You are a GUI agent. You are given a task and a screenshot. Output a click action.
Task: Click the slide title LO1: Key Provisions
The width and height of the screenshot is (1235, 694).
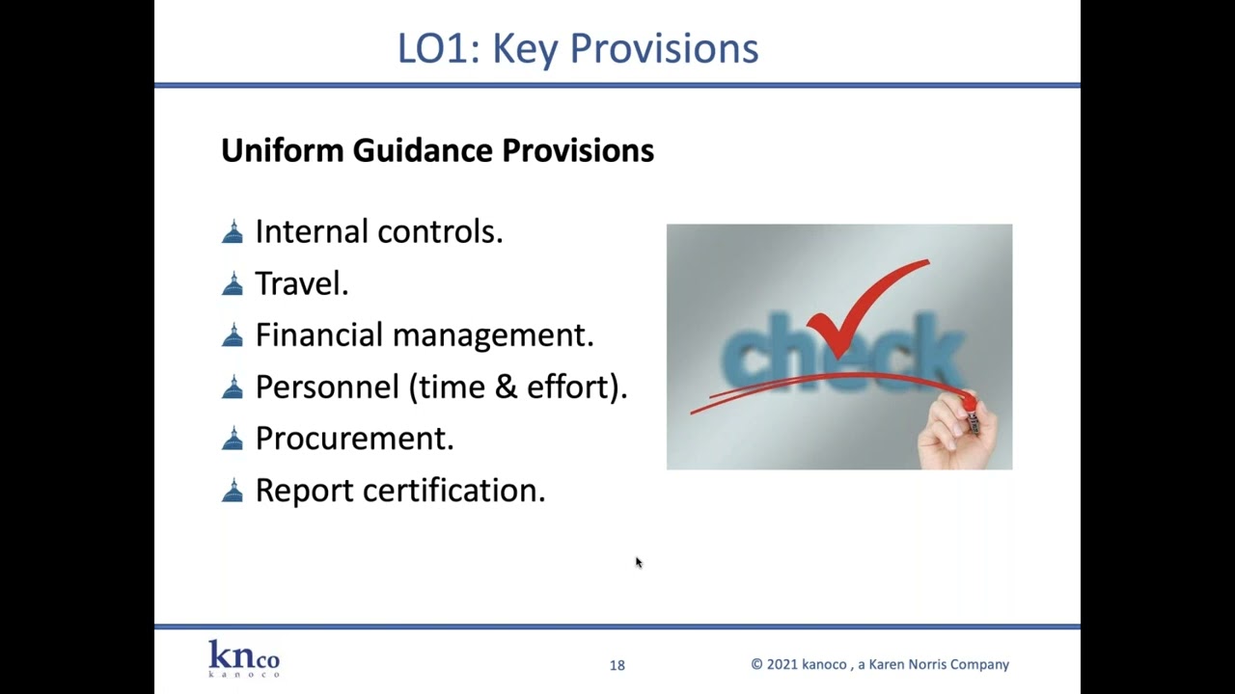(x=578, y=49)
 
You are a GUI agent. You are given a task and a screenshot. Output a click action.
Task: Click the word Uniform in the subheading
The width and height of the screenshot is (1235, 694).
(x=283, y=150)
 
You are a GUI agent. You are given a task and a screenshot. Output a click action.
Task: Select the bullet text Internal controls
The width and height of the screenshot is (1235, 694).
(x=378, y=232)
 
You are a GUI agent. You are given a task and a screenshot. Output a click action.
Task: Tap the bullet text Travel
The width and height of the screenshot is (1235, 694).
(x=301, y=283)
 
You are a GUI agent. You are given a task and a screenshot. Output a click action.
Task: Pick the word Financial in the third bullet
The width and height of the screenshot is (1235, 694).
(x=319, y=335)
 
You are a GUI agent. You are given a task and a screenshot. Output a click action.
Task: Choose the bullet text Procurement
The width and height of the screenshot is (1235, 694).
(x=354, y=439)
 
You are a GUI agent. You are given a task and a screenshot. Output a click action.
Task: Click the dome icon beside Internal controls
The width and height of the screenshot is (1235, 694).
(x=233, y=232)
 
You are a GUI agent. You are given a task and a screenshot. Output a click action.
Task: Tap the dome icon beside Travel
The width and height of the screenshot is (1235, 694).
(x=233, y=284)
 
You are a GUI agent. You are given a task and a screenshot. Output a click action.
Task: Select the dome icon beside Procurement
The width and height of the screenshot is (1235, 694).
(x=233, y=440)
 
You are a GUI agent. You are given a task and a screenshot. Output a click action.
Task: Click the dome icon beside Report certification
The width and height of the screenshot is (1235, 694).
(x=233, y=492)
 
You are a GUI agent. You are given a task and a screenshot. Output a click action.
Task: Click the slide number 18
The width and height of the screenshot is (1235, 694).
(x=617, y=665)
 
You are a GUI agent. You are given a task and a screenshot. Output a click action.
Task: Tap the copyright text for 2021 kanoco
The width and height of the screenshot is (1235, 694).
(x=880, y=665)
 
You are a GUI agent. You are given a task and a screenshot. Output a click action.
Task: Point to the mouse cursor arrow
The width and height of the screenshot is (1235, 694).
(x=638, y=562)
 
